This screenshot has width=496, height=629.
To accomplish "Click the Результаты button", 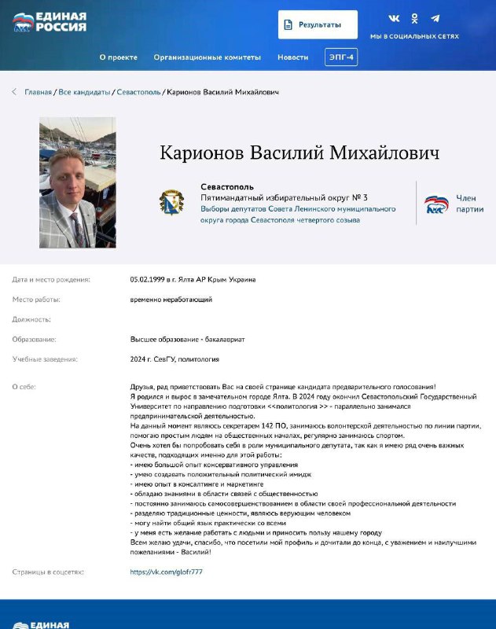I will coord(318,24).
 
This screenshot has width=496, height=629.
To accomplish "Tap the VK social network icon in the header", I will coord(395,18).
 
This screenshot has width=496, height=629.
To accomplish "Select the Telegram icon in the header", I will coord(435,18).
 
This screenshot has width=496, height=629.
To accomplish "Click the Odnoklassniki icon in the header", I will coord(414,18).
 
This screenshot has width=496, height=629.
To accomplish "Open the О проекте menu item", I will coord(118,57).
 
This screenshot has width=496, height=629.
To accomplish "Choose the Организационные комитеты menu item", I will coord(207,57).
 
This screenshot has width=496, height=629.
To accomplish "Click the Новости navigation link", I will coord(292,57).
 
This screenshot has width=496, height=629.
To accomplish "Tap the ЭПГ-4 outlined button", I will coord(341,57).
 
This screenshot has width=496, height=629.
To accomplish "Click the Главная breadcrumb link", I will coord(38,92).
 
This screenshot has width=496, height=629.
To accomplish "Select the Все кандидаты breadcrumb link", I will coord(84,92).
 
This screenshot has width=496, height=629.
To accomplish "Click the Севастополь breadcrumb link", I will coord(138,92).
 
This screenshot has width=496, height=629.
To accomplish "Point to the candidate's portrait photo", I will coord(77,182).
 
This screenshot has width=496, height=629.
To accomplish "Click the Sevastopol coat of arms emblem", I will coord(171,203).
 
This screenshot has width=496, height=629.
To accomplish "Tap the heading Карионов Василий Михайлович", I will coord(299,153).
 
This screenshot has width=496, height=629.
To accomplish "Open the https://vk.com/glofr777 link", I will coord(167,572).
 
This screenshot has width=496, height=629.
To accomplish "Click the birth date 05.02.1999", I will coord(147,279).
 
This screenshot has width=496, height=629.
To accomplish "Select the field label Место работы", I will coord(36,300).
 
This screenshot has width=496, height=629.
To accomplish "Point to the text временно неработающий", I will coord(171,300).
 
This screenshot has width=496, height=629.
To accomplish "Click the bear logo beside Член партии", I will coord(436,204).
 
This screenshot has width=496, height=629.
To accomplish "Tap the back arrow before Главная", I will coord(14,92).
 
